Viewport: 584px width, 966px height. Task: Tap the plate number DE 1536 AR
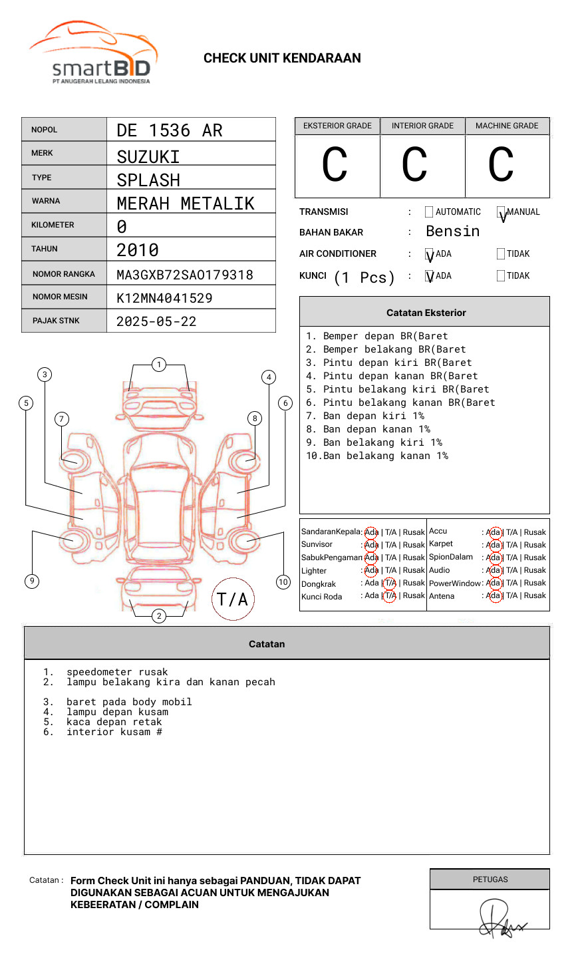170,130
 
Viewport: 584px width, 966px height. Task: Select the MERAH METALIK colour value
186,204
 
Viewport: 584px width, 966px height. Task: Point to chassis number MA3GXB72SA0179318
185,275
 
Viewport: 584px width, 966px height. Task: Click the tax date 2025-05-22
156,321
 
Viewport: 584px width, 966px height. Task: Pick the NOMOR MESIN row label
60,297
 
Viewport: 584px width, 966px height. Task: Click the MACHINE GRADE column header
507,126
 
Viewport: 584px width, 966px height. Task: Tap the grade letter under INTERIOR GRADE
414,165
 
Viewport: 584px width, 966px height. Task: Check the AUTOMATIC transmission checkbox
429,212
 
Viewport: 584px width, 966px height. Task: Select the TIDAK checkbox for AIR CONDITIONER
501,254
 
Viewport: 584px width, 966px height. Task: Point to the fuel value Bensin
452,232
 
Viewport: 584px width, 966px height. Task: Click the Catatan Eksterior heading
426,313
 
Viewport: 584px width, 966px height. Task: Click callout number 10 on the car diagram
283,582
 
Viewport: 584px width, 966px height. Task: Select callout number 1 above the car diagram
158,364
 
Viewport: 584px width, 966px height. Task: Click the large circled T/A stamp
233,599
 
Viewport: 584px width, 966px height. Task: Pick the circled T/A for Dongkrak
390,583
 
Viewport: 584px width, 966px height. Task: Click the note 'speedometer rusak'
117,672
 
